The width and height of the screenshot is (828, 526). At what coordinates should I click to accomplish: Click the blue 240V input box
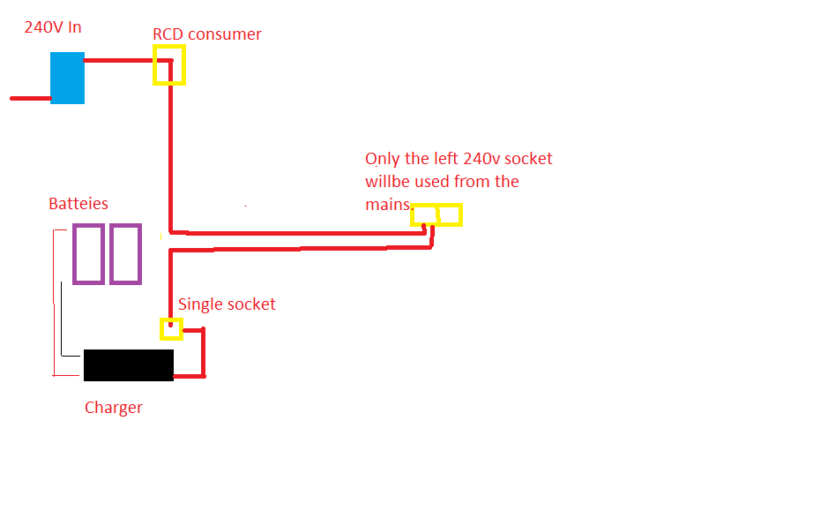67,78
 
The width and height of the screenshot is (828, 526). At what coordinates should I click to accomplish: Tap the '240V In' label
53,27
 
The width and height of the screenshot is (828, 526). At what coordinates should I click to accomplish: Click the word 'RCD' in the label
168,34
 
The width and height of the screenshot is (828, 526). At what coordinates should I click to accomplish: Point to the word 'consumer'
225,35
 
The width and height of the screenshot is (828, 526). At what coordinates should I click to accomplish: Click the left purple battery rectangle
73,254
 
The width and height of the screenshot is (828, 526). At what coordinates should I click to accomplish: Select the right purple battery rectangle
110,254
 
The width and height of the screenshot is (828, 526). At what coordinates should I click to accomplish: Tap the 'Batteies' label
78,204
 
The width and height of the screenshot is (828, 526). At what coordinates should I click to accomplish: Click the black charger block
129,364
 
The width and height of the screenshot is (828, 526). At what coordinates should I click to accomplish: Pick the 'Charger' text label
114,408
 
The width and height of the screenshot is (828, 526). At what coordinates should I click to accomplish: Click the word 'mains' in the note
388,205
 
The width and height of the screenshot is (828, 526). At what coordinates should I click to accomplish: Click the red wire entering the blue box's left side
31,98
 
